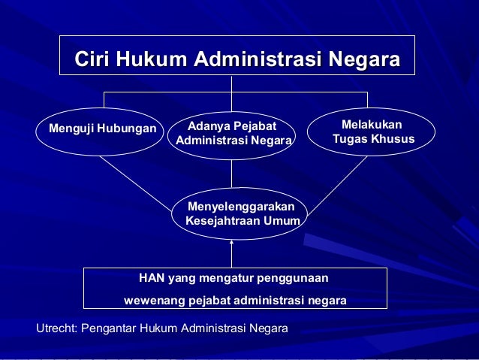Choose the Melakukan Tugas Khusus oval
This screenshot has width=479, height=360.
(x=372, y=132)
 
